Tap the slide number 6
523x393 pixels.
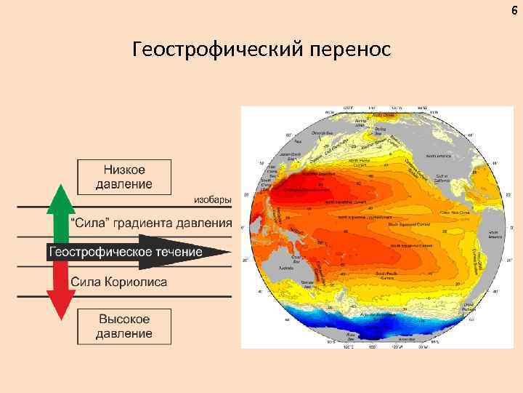[x=515, y=9]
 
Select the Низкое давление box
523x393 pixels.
[x=124, y=177]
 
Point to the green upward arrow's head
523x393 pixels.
[x=61, y=194]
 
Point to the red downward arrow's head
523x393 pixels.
[x=61, y=309]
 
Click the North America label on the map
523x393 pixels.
[x=438, y=156]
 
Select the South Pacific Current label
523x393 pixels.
[x=384, y=275]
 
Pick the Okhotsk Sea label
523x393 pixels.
[x=322, y=133]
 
